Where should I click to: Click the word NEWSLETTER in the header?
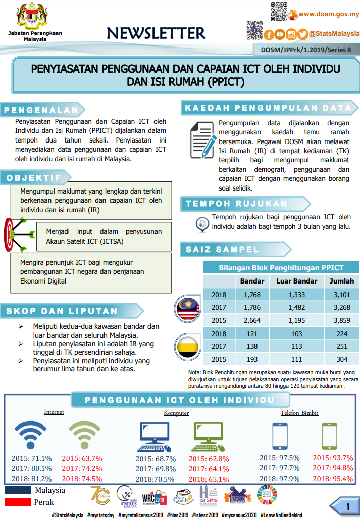156,33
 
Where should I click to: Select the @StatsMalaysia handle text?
334,34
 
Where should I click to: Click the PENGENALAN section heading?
41,110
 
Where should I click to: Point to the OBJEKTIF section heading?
34,178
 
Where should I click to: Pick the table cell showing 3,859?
342,320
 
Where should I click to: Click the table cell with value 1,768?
251,295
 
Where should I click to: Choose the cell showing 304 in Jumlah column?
342,359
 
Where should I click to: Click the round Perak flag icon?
186,347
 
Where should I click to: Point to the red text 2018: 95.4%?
332,478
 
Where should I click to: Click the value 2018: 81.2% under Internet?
31,479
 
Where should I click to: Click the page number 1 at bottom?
348,506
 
